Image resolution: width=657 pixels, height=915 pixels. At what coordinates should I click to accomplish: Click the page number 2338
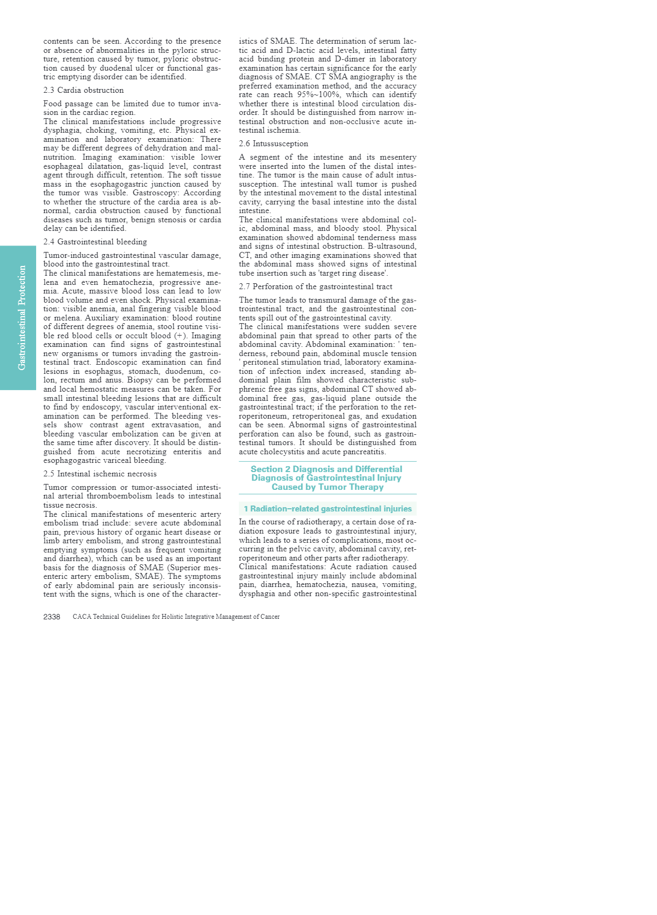[52, 617]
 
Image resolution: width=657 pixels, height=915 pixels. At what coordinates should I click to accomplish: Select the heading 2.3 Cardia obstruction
[84, 90]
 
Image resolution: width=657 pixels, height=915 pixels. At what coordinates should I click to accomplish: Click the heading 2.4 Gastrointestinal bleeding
[95, 242]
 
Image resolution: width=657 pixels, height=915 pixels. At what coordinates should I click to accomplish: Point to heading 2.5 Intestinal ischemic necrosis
[100, 474]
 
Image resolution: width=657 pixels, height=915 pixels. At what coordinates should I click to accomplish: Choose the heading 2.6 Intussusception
[273, 144]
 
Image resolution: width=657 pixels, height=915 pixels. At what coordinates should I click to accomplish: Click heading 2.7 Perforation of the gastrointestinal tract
[316, 286]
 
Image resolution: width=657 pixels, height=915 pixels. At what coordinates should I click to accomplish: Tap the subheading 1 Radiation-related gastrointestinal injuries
[327, 509]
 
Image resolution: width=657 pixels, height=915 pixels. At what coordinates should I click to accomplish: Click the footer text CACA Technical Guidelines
[176, 617]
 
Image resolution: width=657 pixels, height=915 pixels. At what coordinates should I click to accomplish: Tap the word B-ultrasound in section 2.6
[392, 246]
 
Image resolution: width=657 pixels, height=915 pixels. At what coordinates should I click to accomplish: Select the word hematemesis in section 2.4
[181, 273]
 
